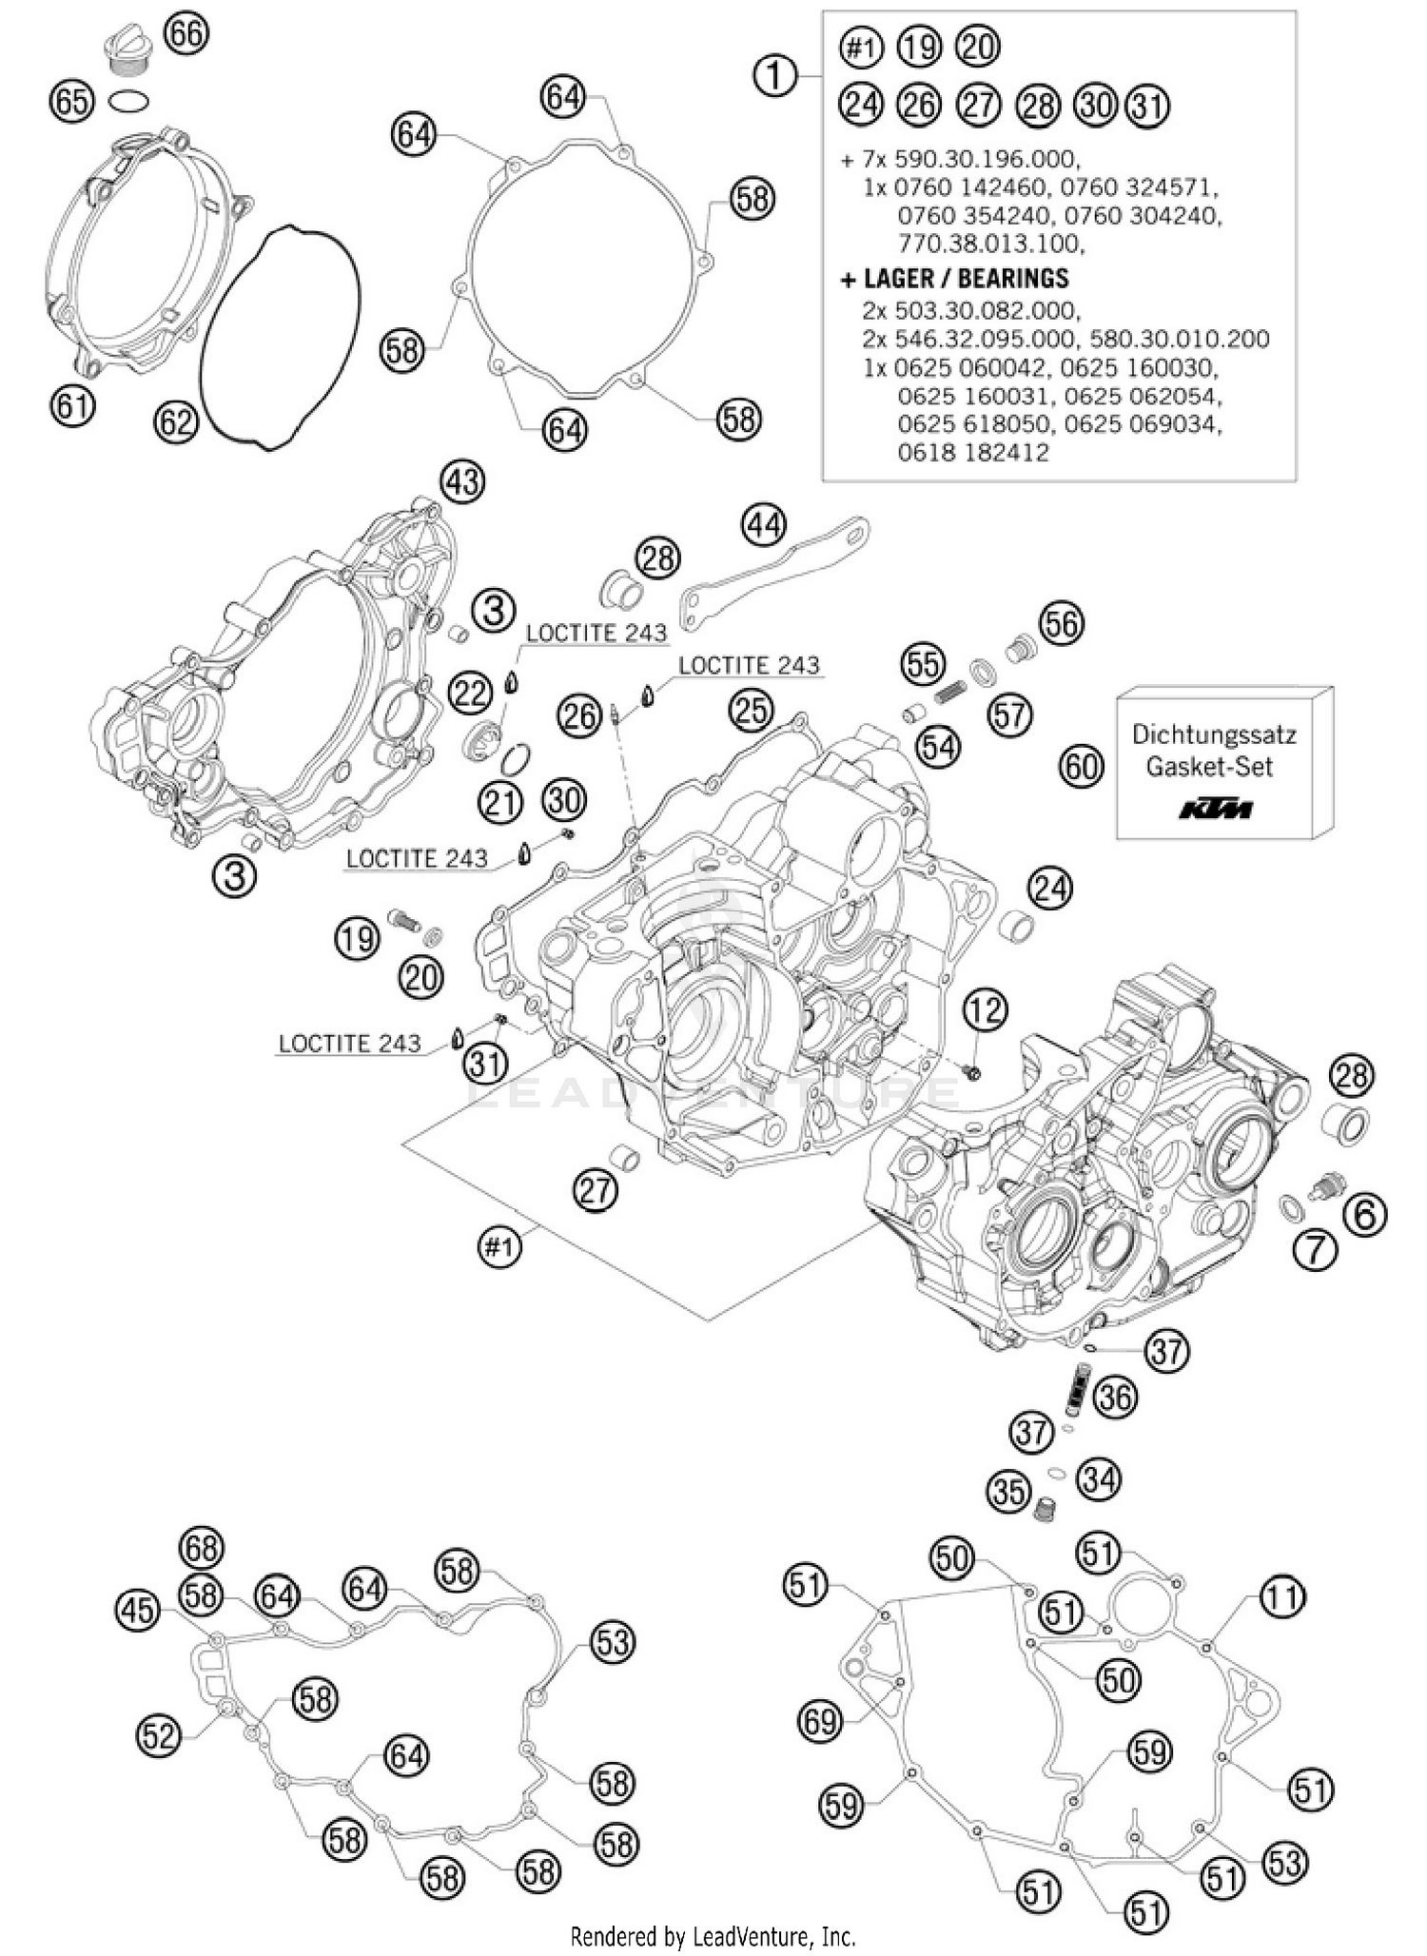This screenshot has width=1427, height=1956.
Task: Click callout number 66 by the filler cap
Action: click(x=186, y=34)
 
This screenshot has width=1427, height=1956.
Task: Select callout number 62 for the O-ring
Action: click(x=176, y=421)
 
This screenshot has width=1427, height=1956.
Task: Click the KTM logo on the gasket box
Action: click(x=1216, y=810)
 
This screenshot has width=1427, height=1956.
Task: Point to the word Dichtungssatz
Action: click(x=1214, y=735)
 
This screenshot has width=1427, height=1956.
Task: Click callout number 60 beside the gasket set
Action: click(x=1083, y=766)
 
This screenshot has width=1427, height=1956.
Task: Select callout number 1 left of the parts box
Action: click(x=775, y=75)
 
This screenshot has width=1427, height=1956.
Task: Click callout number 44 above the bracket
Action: click(x=765, y=525)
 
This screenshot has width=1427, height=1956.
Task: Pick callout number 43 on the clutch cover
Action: click(x=462, y=482)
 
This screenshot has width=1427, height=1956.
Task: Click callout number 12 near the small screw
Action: click(x=985, y=1009)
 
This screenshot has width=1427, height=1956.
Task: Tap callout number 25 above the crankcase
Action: click(x=752, y=710)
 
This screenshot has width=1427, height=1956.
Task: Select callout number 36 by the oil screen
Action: click(x=1116, y=1397)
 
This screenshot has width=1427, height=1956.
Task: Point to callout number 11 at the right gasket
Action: click(x=1282, y=1597)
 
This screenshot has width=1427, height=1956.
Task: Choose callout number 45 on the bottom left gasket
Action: click(x=138, y=1611)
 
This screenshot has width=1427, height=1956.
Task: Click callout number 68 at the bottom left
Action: click(x=202, y=1548)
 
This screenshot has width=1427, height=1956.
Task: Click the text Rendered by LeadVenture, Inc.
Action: click(x=713, y=1936)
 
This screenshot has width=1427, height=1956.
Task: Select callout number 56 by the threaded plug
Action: click(x=1062, y=624)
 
